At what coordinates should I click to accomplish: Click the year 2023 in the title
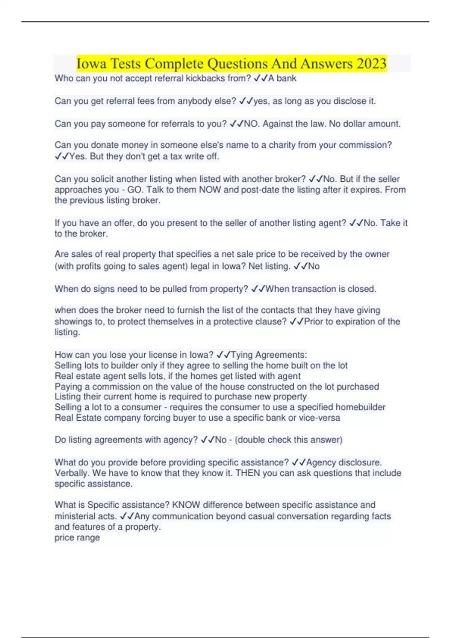pyautogui.click(x=371, y=63)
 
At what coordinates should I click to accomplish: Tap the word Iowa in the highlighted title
pyautogui.click(x=91, y=63)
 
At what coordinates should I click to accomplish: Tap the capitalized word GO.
pyautogui.click(x=134, y=190)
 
